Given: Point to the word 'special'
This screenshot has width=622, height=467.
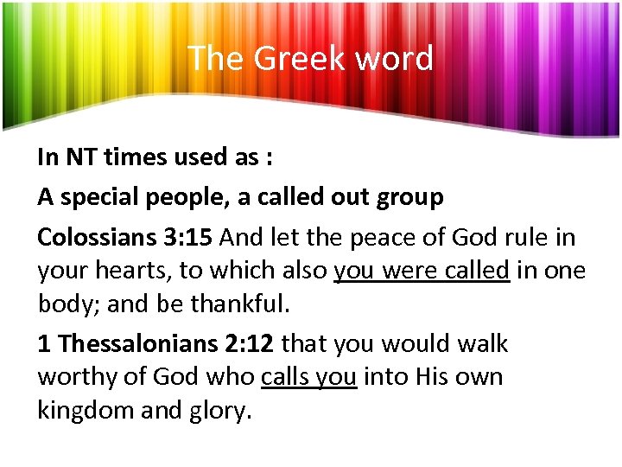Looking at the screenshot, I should (101, 197).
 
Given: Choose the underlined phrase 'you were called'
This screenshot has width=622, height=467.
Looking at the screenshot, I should (422, 271).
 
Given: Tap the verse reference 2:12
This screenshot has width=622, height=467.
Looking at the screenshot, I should (247, 344).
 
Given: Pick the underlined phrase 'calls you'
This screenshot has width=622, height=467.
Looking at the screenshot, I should (308, 378).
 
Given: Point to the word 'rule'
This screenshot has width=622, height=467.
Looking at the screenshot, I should (521, 237).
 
